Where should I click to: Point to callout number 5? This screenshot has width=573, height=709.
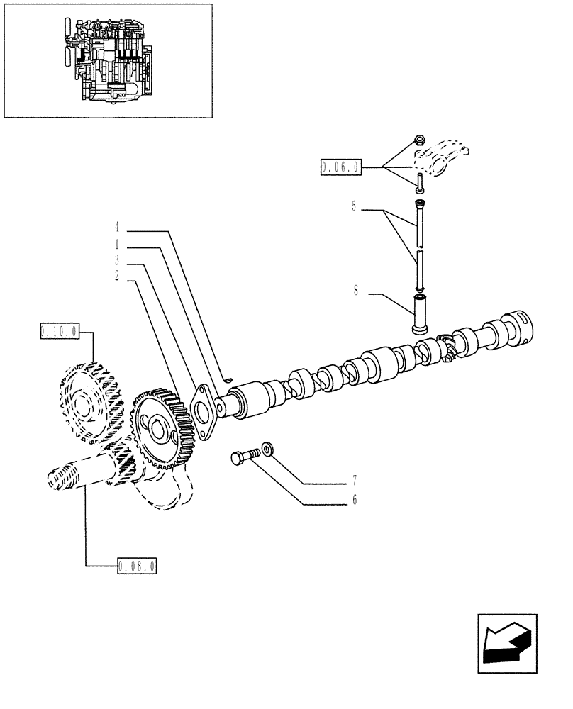point(353,207)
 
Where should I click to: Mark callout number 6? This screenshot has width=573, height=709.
point(354,501)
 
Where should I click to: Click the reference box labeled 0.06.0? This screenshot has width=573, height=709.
point(341,167)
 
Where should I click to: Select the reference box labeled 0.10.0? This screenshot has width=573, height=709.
point(60,330)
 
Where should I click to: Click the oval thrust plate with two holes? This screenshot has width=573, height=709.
point(204,412)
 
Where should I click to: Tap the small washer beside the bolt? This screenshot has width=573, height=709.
point(267,450)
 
